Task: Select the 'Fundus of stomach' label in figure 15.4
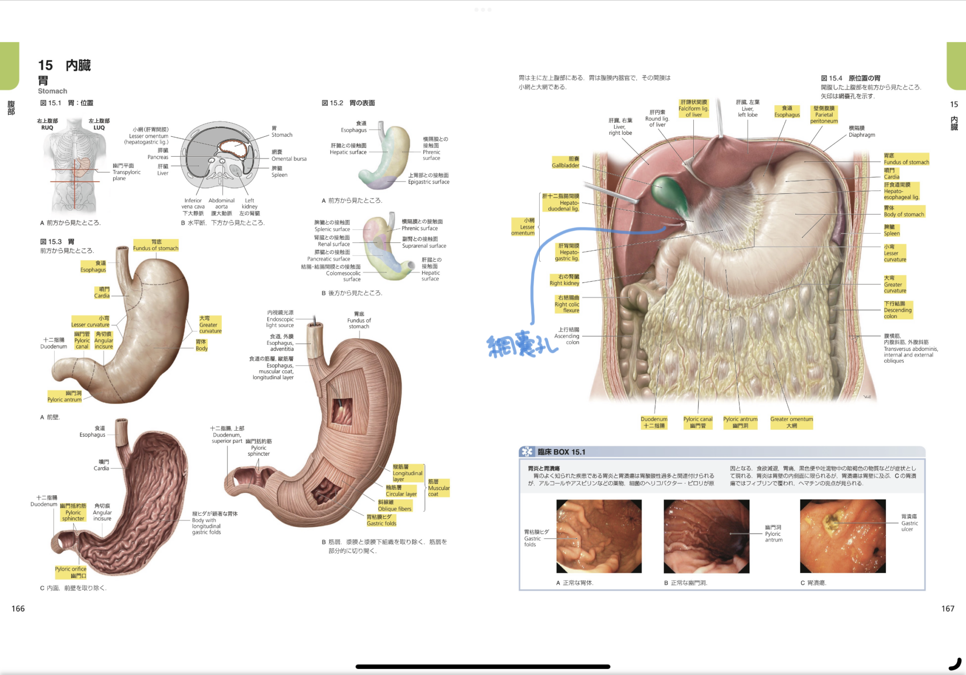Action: click(x=906, y=159)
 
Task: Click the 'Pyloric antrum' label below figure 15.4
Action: click(x=740, y=422)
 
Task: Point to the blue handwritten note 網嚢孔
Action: click(x=522, y=346)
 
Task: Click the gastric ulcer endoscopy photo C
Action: click(x=842, y=536)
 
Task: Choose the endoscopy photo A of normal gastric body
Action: click(x=599, y=536)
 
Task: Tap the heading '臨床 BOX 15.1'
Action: click(x=561, y=452)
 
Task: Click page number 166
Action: click(x=18, y=608)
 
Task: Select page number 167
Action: click(x=948, y=608)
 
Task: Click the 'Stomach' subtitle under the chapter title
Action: click(x=52, y=91)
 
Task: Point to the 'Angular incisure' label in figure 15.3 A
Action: click(x=104, y=341)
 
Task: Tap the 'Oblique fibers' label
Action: click(x=394, y=506)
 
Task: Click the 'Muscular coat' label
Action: click(x=438, y=488)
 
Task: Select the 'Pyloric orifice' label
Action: click(x=71, y=572)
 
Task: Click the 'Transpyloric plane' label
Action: click(x=126, y=172)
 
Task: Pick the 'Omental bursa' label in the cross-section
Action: click(x=289, y=156)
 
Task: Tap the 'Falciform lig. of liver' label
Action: click(x=693, y=108)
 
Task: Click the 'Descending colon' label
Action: click(x=898, y=310)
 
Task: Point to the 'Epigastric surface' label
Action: click(x=428, y=179)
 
